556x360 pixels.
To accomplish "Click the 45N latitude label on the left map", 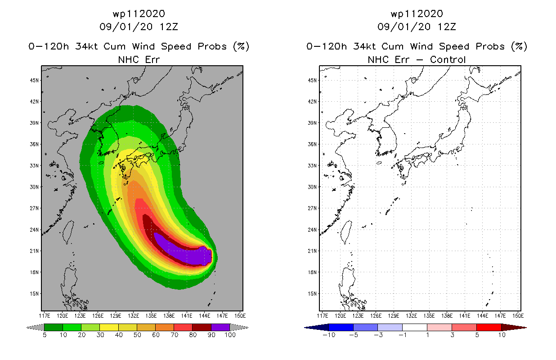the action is pyautogui.click(x=35, y=80).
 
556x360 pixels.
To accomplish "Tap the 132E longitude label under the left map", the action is pyautogui.click(x=133, y=316).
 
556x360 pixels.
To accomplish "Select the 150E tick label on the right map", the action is pyautogui.click(x=518, y=316).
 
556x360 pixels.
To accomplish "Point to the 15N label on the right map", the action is pyautogui.click(x=313, y=294).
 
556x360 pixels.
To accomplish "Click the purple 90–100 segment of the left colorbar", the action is pyautogui.click(x=220, y=327).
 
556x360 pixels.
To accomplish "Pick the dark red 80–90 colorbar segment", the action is pyautogui.click(x=202, y=327).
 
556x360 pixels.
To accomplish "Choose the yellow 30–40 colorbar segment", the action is pyautogui.click(x=109, y=327).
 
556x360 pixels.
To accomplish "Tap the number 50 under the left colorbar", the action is pyautogui.click(x=137, y=335).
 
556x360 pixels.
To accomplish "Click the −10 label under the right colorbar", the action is pyautogui.click(x=329, y=335).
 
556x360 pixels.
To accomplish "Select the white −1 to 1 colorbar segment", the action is pyautogui.click(x=415, y=327).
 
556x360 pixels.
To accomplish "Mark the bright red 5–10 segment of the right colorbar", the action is pyautogui.click(x=489, y=327).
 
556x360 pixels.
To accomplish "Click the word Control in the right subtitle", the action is pyautogui.click(x=448, y=59).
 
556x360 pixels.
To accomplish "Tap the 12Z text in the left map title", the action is pyautogui.click(x=169, y=27).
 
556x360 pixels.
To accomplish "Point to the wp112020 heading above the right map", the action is pyautogui.click(x=417, y=13).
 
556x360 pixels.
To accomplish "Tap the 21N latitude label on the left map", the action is pyautogui.click(x=35, y=251).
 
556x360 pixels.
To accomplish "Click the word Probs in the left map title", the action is pyautogui.click(x=212, y=46).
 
